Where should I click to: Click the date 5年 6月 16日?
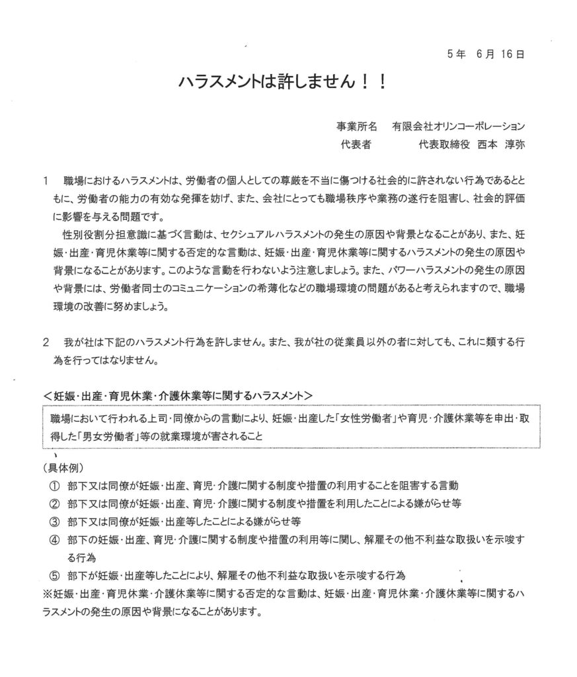click(484, 56)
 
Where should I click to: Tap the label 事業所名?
click(358, 126)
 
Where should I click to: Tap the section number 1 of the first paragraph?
click(45, 180)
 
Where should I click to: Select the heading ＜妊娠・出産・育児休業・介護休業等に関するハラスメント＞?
click(178, 395)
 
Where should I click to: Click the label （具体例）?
click(61, 468)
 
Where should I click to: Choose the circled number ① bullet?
click(54, 485)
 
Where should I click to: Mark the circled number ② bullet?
click(54, 502)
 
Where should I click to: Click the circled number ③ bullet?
click(54, 520)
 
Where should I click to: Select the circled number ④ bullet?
click(54, 538)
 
